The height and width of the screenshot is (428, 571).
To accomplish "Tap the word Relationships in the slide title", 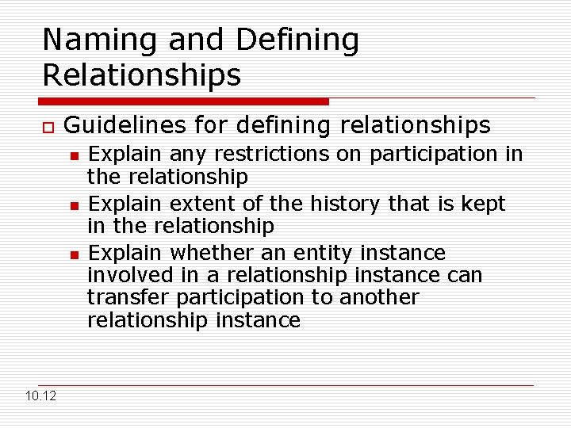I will coord(141,75).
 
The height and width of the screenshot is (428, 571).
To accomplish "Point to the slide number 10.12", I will coord(40,396).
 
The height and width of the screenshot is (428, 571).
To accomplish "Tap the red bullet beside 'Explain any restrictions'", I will coord(74,155).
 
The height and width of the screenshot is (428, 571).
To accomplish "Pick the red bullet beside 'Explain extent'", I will coord(74,204).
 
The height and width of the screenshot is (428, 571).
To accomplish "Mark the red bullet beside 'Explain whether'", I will coord(74,254).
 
